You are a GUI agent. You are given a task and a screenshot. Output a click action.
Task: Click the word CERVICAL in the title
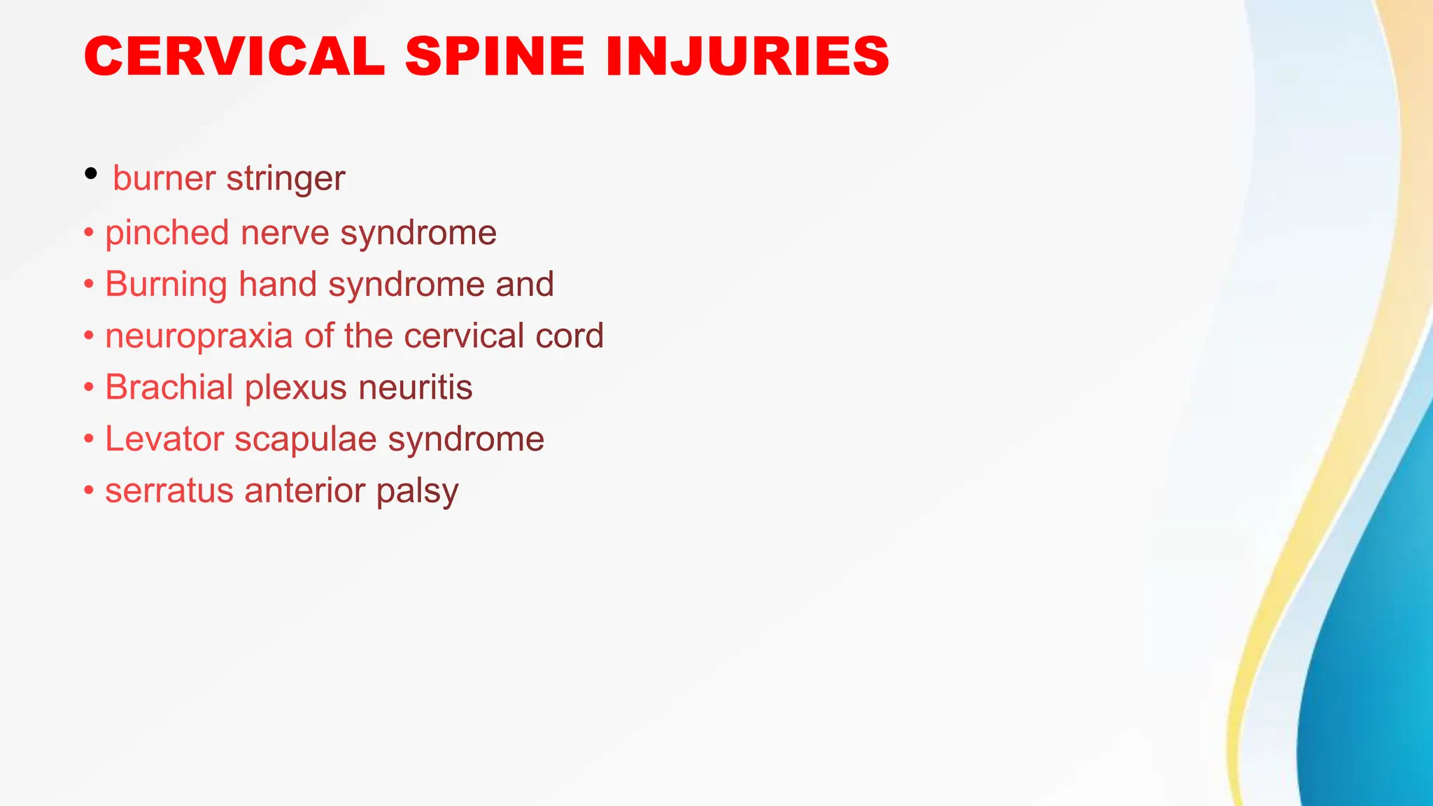(x=234, y=56)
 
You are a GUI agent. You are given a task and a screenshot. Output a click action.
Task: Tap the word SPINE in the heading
(x=495, y=56)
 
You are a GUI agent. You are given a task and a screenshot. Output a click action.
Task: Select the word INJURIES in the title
(x=747, y=56)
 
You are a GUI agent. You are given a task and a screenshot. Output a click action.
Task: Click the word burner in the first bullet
(x=164, y=178)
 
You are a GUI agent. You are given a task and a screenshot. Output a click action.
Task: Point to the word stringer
(x=286, y=179)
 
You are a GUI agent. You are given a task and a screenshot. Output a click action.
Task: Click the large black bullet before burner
(x=90, y=174)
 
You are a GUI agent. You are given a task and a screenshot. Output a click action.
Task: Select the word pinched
(x=167, y=233)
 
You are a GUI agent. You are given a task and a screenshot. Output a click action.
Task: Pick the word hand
(x=278, y=284)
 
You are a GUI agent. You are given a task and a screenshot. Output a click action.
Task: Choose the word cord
(x=570, y=336)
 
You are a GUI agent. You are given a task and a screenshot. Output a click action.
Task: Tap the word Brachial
(x=169, y=387)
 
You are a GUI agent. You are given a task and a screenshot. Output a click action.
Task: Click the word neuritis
(x=416, y=387)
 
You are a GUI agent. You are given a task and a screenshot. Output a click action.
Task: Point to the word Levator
(x=164, y=439)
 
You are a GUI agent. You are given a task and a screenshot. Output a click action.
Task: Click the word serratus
(x=169, y=490)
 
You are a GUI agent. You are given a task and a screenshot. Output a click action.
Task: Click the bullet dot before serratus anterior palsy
(x=89, y=490)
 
